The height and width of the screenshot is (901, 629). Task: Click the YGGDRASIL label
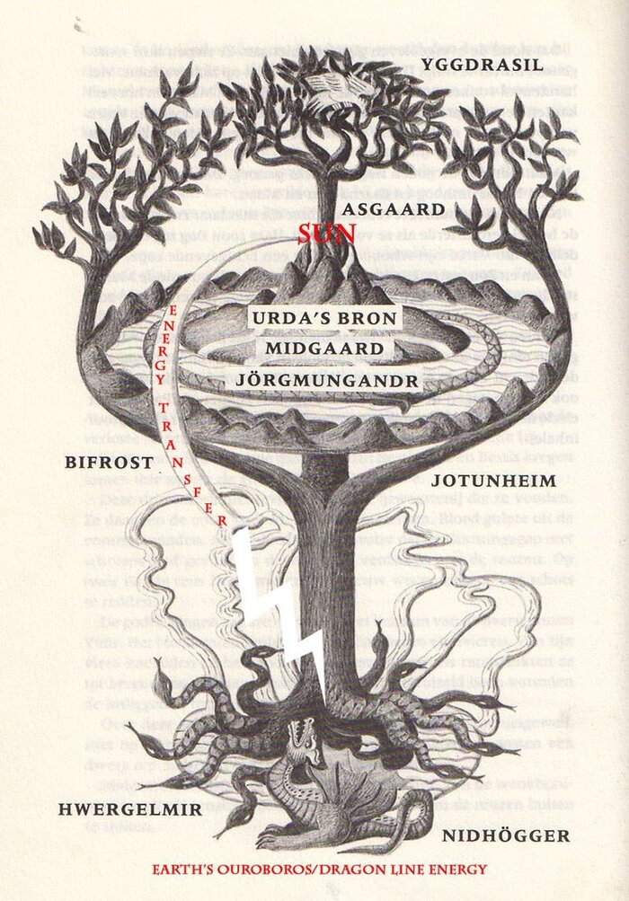pos(502,65)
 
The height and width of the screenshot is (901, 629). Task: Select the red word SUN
pos(328,234)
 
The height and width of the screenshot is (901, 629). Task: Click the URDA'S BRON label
pos(326,320)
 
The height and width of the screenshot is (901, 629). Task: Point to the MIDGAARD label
pos(326,349)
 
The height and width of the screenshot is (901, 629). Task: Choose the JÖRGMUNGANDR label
pos(326,380)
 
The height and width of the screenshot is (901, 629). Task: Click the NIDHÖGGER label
pos(506,836)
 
